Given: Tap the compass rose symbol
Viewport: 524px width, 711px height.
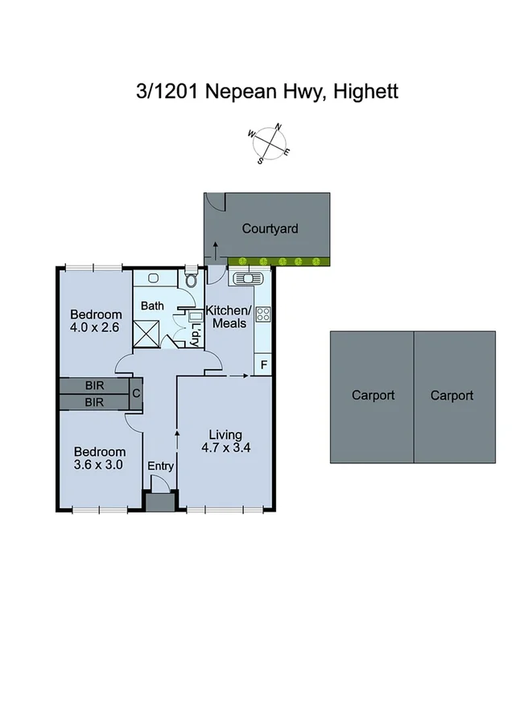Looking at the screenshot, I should [270, 143].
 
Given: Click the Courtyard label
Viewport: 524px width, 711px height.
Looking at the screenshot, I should [270, 228].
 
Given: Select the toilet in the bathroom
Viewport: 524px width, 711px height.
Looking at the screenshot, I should [191, 281].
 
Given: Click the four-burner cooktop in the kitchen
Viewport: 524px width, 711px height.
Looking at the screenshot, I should [262, 314].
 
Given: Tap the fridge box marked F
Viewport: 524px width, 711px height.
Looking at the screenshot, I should [262, 364].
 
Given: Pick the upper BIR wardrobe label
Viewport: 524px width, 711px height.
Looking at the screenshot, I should [94, 385].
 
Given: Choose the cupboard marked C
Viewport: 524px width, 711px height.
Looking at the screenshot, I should [136, 393].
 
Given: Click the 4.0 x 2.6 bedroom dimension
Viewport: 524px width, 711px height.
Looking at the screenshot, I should [96, 327].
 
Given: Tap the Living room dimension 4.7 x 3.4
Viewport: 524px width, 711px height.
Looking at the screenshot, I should [224, 449].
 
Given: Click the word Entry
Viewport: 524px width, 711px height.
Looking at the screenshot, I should [160, 466].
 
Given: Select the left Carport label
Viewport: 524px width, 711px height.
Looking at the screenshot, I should [373, 395].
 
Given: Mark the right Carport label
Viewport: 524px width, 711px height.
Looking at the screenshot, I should [452, 395].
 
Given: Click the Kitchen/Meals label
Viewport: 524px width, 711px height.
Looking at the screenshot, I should [229, 317].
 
